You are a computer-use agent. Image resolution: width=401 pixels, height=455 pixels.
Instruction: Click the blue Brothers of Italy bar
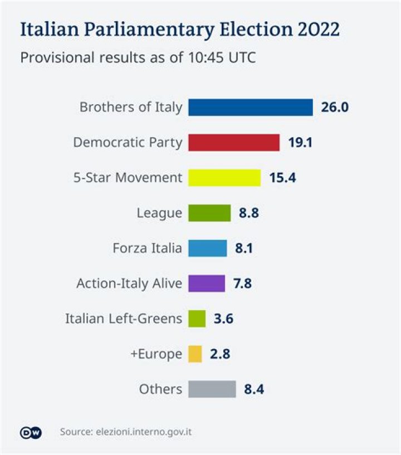coord(250,107)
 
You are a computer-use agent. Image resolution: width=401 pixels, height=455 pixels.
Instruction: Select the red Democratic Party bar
coord(233,142)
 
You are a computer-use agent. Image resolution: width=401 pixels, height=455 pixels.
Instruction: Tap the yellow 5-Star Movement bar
coord(224,177)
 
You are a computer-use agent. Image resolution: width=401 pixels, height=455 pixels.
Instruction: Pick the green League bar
coord(209,212)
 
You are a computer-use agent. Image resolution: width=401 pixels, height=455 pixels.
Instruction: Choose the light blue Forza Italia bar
coord(207,248)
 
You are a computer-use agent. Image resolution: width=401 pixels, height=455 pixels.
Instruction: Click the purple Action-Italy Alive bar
coord(206,283)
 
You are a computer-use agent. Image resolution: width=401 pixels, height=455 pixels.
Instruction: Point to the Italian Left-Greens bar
coord(197,318)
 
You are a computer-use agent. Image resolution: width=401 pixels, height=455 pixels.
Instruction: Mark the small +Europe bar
coord(194,354)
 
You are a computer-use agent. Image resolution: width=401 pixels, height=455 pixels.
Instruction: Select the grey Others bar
coord(212,389)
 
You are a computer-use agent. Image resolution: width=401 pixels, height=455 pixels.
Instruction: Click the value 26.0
coord(334,107)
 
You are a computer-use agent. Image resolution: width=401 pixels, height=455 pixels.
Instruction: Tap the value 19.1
coord(300,142)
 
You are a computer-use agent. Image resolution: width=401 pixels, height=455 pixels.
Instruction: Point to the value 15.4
coord(282,177)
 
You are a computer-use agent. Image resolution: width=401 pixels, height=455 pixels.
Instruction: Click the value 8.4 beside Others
coord(254,389)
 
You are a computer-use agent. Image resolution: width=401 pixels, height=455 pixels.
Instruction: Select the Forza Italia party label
coord(147,248)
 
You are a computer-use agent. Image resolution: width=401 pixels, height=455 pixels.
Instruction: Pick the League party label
coord(159,212)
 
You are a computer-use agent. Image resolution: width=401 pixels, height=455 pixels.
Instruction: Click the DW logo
coord(31,432)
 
